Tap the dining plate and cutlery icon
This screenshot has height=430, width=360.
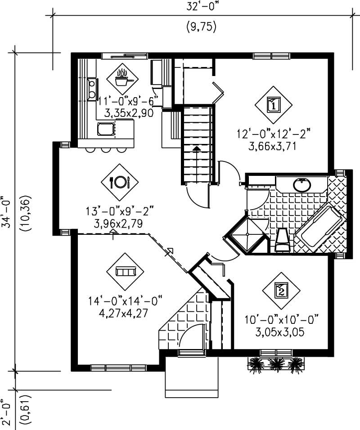click(120, 182)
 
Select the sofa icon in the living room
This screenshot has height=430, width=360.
click(125, 271)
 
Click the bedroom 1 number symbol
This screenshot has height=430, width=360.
click(274, 105)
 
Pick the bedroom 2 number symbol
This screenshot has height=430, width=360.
click(281, 290)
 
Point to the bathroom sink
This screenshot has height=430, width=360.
click(301, 184)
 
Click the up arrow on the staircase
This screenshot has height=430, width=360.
click(197, 148)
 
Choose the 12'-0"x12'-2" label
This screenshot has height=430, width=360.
click(274, 134)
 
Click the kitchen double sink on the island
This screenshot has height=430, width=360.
click(106, 130)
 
